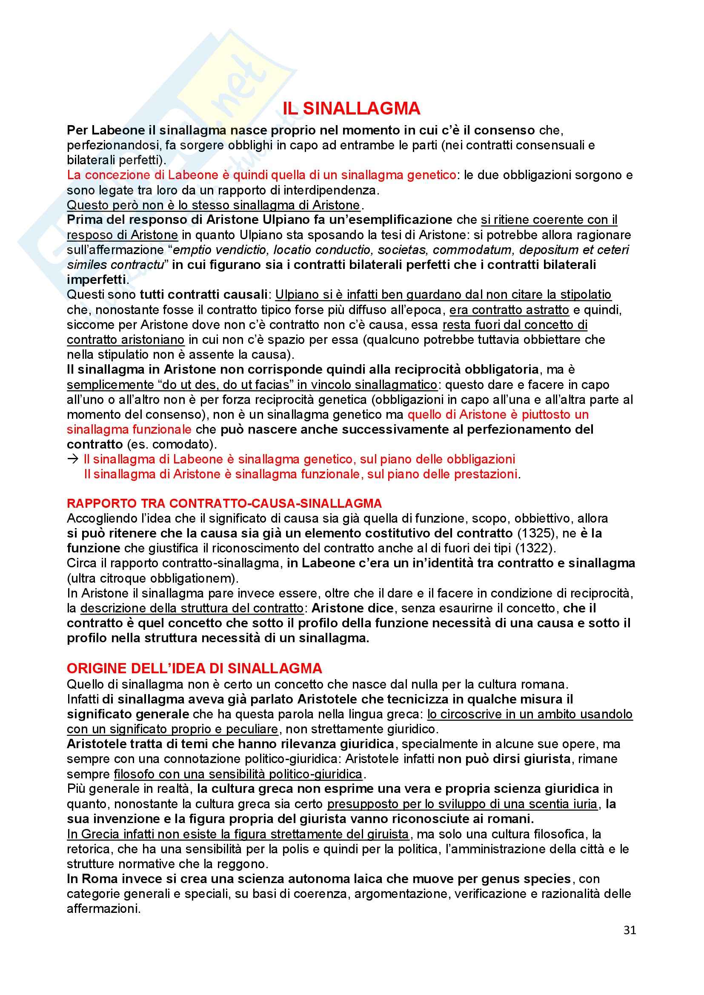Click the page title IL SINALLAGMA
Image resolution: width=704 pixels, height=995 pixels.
point(351,109)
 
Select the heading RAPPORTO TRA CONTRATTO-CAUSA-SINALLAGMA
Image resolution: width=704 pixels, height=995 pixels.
point(224,503)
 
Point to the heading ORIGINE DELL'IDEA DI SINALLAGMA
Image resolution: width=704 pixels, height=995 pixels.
point(194,668)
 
